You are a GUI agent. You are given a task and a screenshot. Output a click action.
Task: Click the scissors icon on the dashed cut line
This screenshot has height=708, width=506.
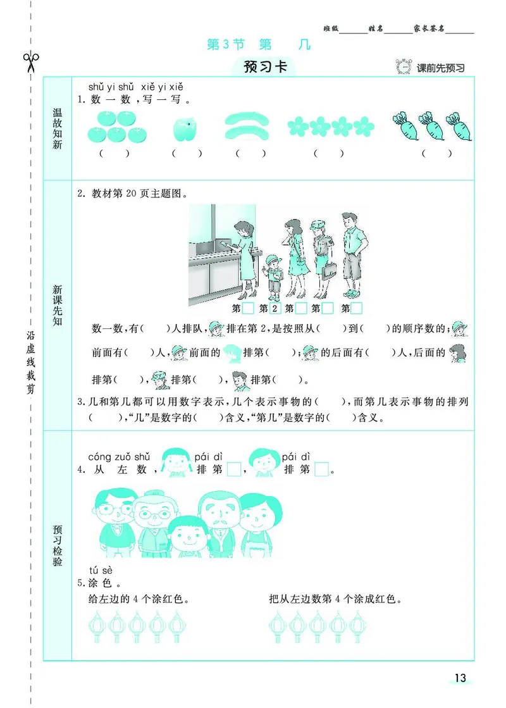[x=31, y=62]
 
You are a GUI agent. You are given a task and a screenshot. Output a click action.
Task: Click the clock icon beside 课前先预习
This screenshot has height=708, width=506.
[x=403, y=66]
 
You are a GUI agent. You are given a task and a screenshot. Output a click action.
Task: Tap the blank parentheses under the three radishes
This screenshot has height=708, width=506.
[x=437, y=152]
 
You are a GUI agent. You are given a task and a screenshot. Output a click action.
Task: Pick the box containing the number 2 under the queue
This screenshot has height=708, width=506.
[x=275, y=309]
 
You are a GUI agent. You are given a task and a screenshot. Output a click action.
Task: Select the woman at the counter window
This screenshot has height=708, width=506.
[x=243, y=256]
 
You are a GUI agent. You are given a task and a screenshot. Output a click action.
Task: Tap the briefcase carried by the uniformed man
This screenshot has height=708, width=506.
[x=328, y=271]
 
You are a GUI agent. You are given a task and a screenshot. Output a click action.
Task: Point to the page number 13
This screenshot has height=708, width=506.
[x=460, y=678]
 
